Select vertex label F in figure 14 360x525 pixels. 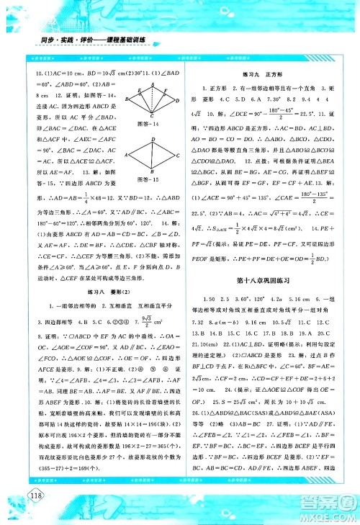point(164,92)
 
